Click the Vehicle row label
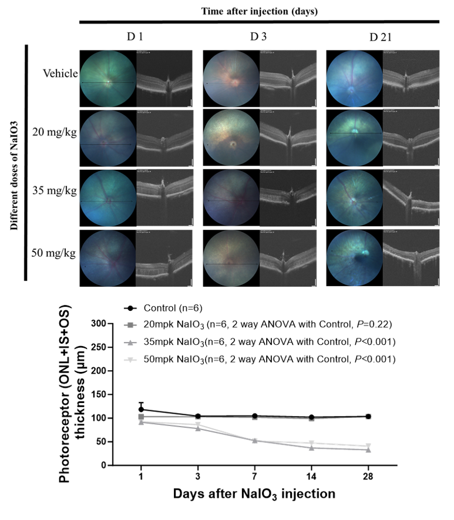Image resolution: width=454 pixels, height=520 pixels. point(59,74)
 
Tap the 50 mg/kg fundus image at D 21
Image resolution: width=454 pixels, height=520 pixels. point(354,259)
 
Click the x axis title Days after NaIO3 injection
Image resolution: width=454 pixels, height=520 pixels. point(254,495)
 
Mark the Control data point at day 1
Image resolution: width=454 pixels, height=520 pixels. point(141,410)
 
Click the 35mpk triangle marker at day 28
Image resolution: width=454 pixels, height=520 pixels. point(368,449)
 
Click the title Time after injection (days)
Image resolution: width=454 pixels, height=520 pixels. point(259,11)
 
